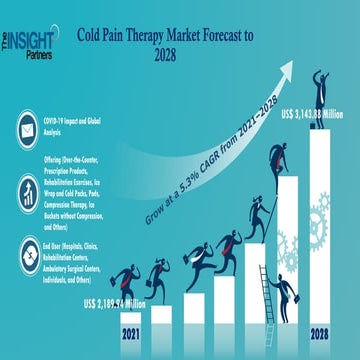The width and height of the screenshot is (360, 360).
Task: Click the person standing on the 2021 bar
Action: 129,285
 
